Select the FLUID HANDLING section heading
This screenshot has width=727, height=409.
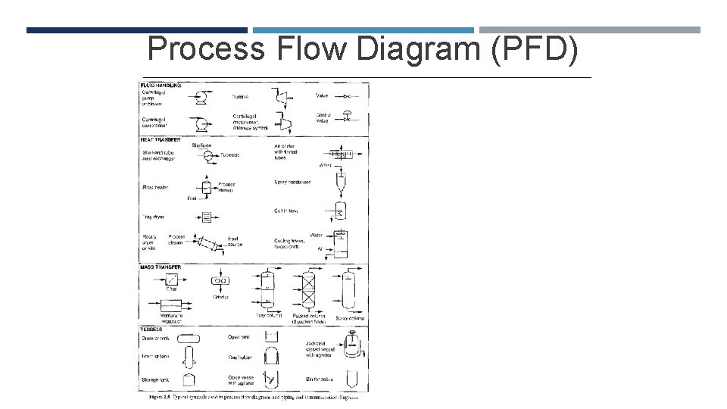(x=161, y=86)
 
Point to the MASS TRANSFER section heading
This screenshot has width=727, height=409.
(x=160, y=267)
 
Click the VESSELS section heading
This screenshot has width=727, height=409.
(x=152, y=329)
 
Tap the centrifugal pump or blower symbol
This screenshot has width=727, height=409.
(x=202, y=97)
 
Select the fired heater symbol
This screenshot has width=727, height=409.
(x=205, y=187)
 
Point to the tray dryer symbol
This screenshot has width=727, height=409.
(x=205, y=217)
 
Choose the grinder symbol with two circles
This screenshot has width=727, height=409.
(x=220, y=281)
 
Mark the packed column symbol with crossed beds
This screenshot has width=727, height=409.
(x=309, y=292)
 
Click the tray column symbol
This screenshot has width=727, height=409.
(x=269, y=290)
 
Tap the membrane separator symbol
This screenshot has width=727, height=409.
(x=176, y=304)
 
